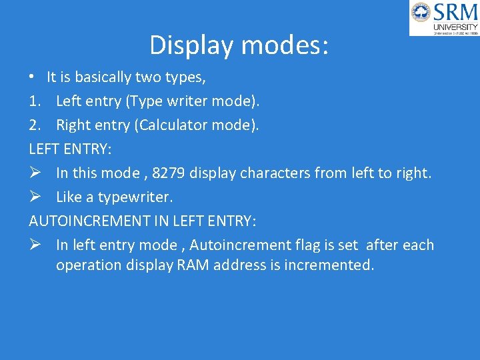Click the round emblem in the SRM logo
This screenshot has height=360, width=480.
click(x=421, y=12)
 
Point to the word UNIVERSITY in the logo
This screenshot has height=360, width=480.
click(x=455, y=27)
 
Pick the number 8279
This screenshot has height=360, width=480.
click(x=169, y=173)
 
